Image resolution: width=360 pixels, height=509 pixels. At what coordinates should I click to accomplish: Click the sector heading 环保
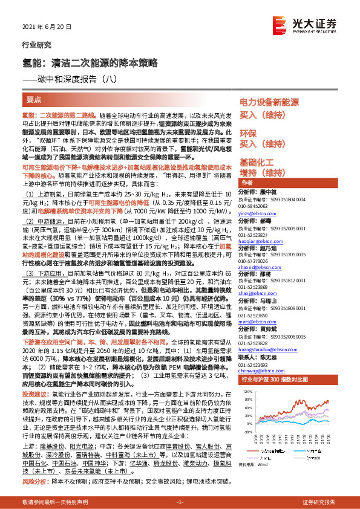pos(248,132)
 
